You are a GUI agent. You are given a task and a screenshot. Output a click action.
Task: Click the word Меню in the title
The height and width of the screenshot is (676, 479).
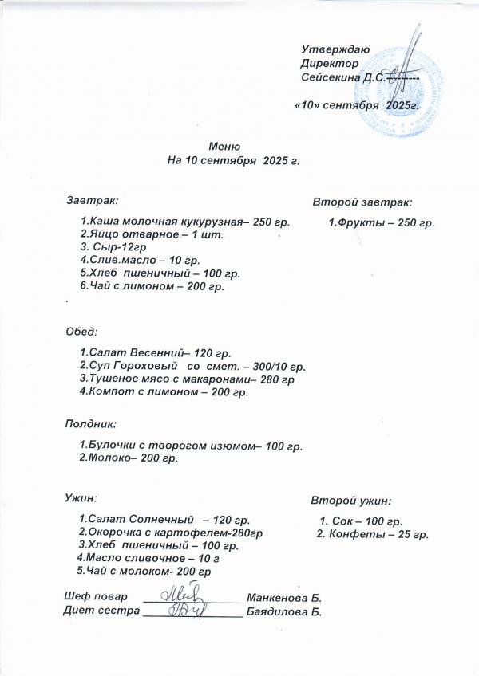[224, 147]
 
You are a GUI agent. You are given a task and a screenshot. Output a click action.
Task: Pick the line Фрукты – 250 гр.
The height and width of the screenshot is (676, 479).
[382, 222]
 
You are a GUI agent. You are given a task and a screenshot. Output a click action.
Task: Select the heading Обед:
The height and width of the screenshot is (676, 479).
[81, 330]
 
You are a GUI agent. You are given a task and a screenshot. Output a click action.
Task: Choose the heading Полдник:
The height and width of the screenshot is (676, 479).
[90, 424]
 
